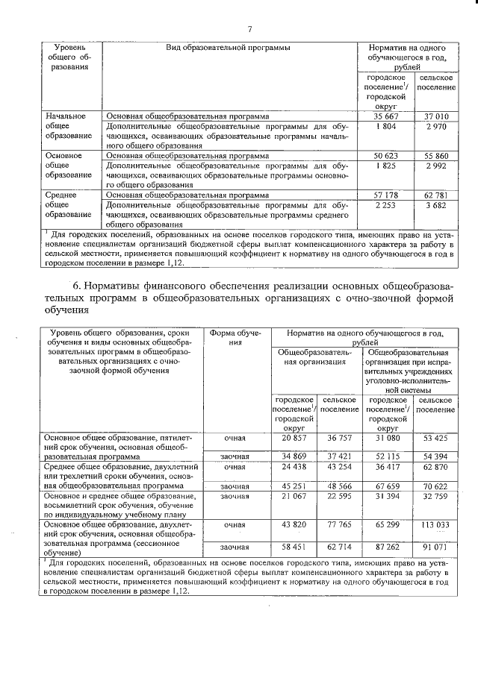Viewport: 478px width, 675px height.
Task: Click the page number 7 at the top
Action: coord(249,29)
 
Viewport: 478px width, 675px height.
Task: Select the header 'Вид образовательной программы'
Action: coord(228,47)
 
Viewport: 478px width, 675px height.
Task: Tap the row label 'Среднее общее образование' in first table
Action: coord(66,204)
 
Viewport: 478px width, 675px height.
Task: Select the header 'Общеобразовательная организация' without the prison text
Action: coord(317,357)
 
